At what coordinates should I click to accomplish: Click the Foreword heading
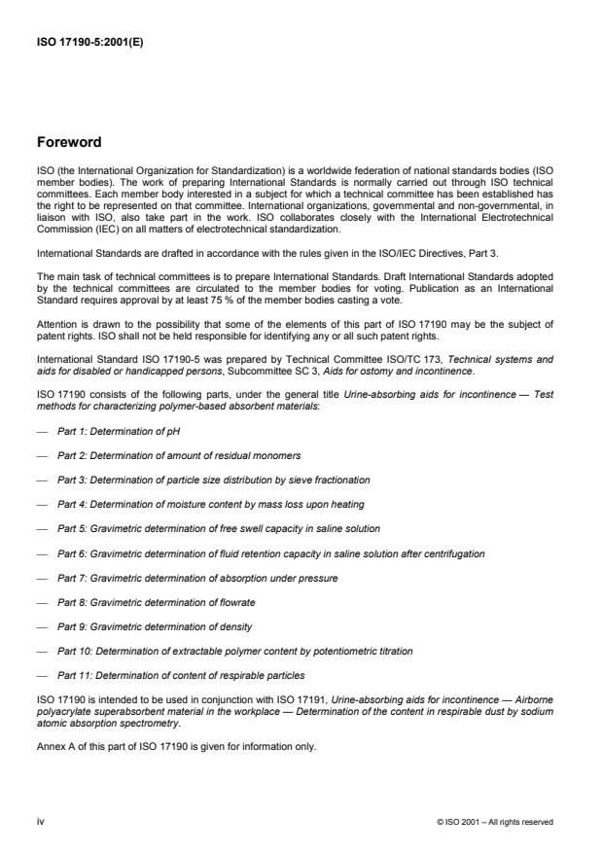68,142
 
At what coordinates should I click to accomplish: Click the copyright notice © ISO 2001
495,822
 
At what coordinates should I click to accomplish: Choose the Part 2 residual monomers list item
164,455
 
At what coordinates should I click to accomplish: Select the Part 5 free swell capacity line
218,529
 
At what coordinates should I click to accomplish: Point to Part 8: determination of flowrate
157,602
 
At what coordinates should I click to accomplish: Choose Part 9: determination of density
154,626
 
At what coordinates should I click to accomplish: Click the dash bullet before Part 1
43,431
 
